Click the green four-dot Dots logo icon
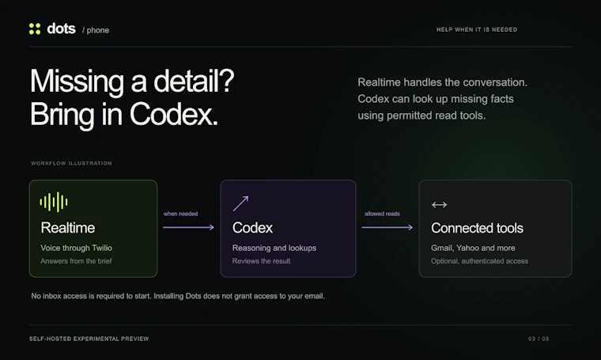tap(35, 28)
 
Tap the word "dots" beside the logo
tap(61, 28)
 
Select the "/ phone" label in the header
tap(96, 30)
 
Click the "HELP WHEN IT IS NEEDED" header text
tap(477, 29)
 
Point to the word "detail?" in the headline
tap(194, 81)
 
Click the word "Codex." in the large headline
tap(174, 114)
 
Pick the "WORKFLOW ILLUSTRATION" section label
tap(71, 163)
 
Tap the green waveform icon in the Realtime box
tap(54, 202)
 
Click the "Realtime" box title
tap(68, 228)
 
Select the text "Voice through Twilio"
tap(76, 248)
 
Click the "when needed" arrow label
tap(180, 214)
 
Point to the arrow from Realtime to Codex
tap(188, 227)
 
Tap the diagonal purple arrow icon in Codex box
tap(240, 203)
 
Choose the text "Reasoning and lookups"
tap(274, 248)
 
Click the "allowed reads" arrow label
tap(382, 214)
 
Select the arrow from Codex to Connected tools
tap(387, 227)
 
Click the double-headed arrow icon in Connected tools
tap(439, 205)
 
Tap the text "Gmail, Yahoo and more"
tap(473, 248)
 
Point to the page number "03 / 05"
tap(539, 339)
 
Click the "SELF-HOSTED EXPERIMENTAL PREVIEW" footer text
tap(89, 339)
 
